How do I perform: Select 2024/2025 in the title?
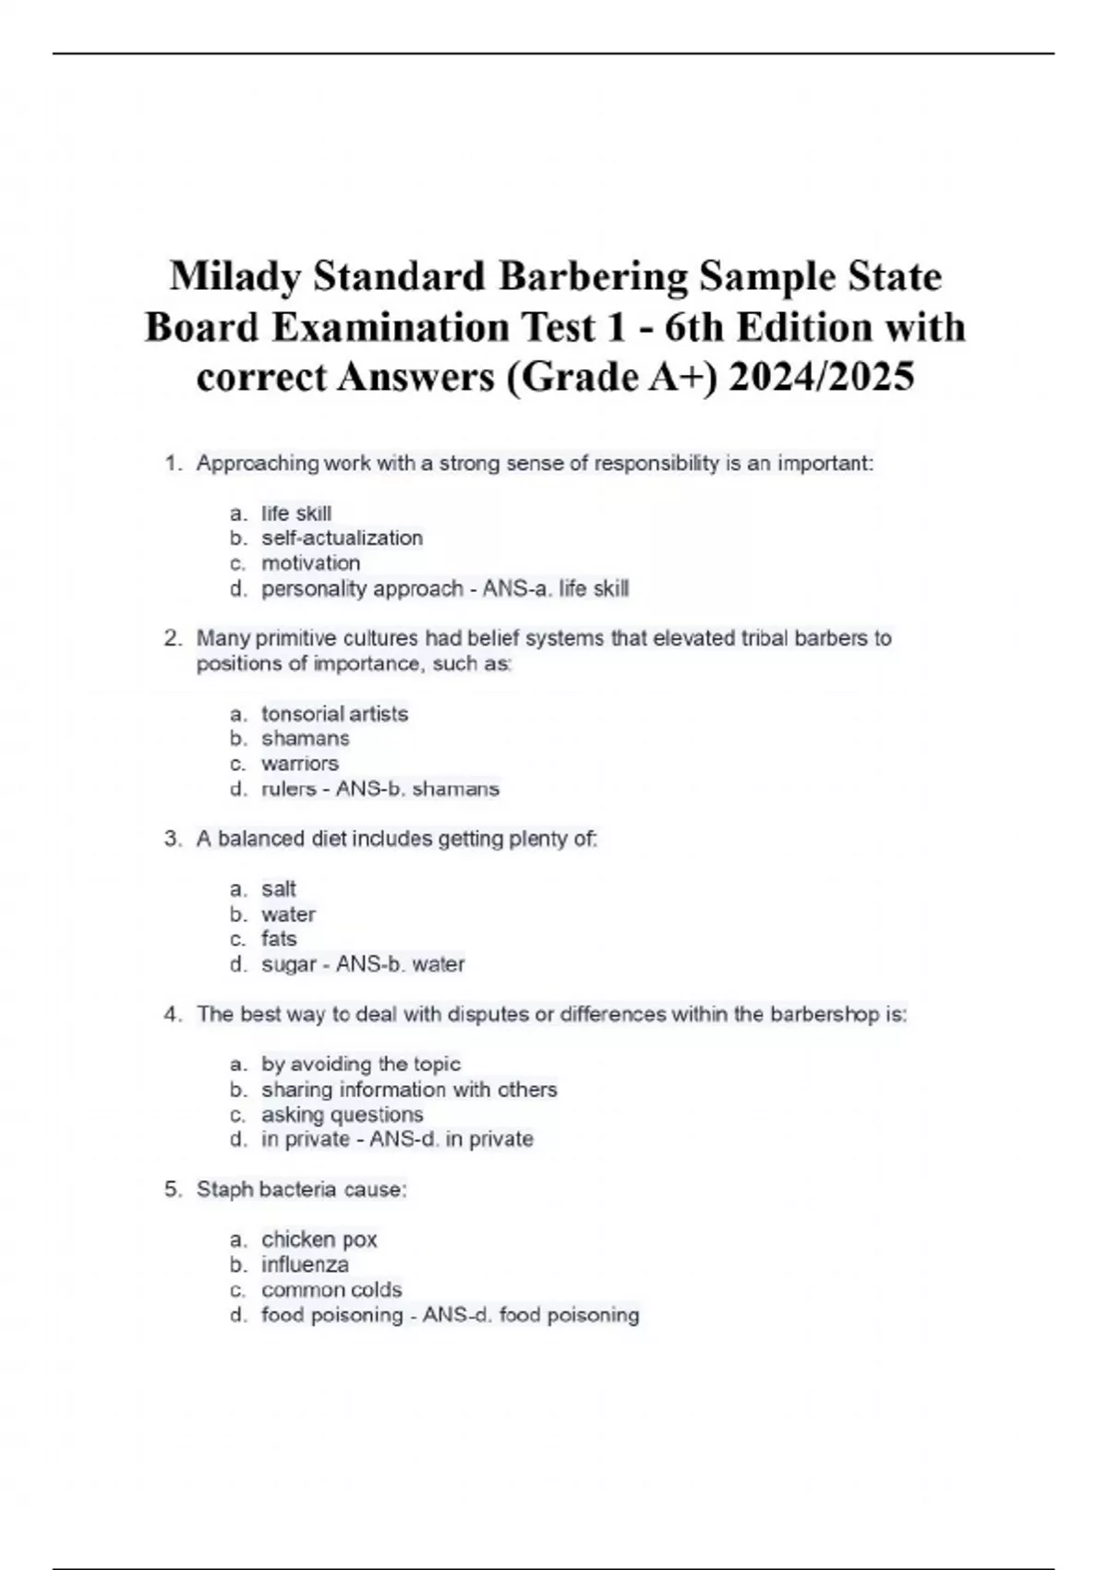click(x=821, y=377)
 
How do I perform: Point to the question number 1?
click(x=172, y=464)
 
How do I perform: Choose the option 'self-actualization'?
click(x=342, y=537)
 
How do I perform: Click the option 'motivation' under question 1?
click(x=310, y=563)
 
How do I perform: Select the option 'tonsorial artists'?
click(x=334, y=714)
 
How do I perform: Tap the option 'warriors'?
click(x=299, y=764)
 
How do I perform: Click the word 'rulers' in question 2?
click(x=288, y=789)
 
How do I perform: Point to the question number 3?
click(x=172, y=839)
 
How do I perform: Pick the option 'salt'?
click(x=278, y=889)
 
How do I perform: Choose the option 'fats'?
click(x=278, y=939)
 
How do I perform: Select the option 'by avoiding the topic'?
click(x=360, y=1064)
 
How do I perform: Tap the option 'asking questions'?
click(x=342, y=1115)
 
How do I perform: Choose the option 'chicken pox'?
click(x=319, y=1239)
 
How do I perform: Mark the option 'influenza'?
click(x=305, y=1264)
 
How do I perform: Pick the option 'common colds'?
click(x=331, y=1289)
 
